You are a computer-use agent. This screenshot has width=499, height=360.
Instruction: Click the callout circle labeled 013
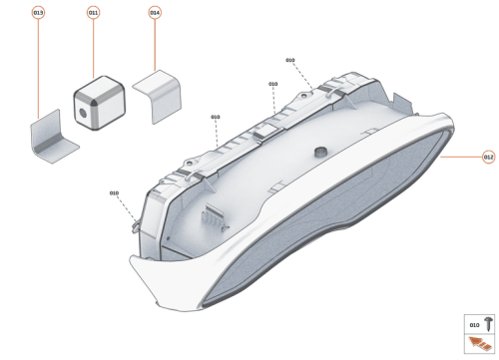tap(38, 13)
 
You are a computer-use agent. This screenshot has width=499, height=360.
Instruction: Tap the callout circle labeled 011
tap(94, 13)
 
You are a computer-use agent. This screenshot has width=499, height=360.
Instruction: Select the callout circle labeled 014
tap(155, 13)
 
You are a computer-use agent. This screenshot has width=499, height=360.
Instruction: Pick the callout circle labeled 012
tap(488, 157)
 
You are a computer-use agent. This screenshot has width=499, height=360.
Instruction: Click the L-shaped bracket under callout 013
tap(53, 136)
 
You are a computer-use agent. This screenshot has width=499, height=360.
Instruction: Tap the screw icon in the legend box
tap(487, 325)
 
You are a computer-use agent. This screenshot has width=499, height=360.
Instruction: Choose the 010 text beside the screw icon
tap(473, 325)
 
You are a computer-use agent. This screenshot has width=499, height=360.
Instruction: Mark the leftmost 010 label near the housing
tap(114, 192)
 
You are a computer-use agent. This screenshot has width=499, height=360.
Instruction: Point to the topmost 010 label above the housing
tap(289, 61)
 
